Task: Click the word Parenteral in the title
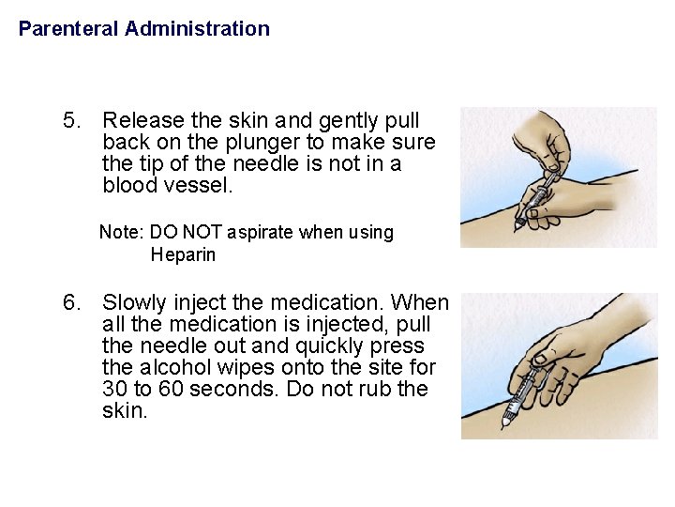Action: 68,29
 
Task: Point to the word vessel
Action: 201,185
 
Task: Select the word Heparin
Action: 183,255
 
